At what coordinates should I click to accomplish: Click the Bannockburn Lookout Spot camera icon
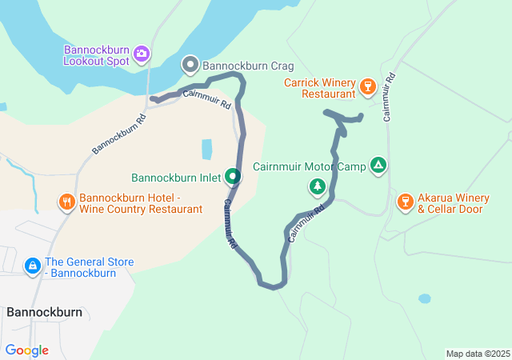142,54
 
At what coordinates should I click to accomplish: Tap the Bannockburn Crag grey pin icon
190,63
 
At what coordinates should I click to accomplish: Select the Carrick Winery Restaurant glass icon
368,85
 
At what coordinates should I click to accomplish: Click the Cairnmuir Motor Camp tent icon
378,166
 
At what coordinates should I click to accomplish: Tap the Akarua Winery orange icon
405,201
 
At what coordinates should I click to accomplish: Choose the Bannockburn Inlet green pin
233,175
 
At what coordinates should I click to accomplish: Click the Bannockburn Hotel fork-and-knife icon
67,202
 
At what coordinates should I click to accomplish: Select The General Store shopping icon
32,265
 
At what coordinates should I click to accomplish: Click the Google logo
26,350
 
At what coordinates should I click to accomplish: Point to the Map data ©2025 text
478,354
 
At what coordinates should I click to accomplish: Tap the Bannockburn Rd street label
118,133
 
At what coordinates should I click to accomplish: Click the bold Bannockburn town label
44,312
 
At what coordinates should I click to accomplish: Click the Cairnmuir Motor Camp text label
309,167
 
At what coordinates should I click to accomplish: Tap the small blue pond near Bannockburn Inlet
207,149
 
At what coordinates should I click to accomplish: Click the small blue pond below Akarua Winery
424,298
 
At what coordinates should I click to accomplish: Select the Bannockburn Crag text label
248,66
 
